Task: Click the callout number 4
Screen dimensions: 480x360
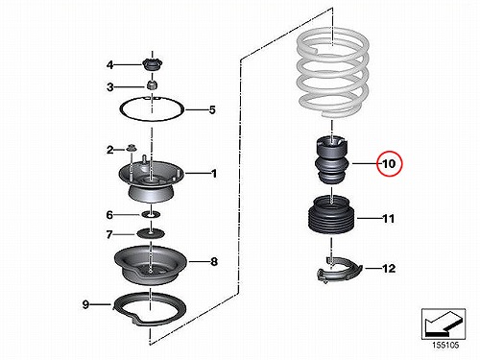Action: click(109, 65)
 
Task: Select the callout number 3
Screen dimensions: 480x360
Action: click(109, 86)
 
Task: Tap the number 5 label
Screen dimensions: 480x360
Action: click(212, 110)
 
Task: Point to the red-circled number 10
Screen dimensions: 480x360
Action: click(389, 164)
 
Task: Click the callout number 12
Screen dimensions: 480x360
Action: click(389, 268)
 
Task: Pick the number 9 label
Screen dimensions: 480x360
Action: click(85, 304)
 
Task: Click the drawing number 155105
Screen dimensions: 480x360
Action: click(445, 345)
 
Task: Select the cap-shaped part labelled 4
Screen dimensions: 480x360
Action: click(152, 65)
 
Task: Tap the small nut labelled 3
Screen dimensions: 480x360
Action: click(153, 85)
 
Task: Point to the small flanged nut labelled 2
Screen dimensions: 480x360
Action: click(131, 148)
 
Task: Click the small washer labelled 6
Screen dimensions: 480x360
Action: click(151, 214)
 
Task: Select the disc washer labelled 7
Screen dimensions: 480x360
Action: click(151, 233)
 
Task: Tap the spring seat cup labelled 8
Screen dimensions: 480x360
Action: click(151, 265)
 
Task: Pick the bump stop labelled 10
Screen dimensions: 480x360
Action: click(332, 160)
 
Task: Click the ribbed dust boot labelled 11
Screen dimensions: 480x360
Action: click(332, 215)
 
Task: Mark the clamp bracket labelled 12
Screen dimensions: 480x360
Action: click(339, 271)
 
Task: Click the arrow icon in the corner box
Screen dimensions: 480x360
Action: click(444, 324)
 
